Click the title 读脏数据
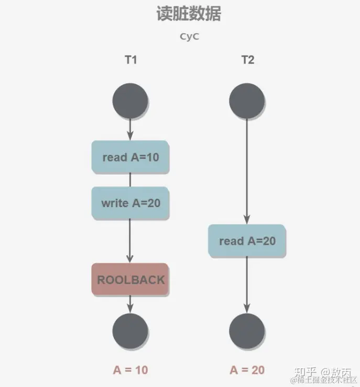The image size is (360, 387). (188, 14)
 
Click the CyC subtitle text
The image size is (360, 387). (189, 37)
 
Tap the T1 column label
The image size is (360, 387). (130, 60)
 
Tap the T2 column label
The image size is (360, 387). (247, 60)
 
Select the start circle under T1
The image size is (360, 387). (130, 100)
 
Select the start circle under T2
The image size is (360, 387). (247, 100)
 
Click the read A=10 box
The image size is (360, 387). (130, 157)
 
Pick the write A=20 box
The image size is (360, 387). (130, 203)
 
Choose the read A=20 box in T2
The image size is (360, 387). (247, 241)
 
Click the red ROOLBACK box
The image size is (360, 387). (130, 279)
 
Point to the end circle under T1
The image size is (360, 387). (130, 331)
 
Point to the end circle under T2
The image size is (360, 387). (247, 331)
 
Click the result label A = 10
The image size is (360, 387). (130, 370)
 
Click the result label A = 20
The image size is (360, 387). (247, 370)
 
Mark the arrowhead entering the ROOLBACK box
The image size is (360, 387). (130, 259)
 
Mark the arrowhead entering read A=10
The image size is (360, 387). (130, 136)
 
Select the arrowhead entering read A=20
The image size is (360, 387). (247, 220)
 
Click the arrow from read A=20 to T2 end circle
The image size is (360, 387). (247, 286)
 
